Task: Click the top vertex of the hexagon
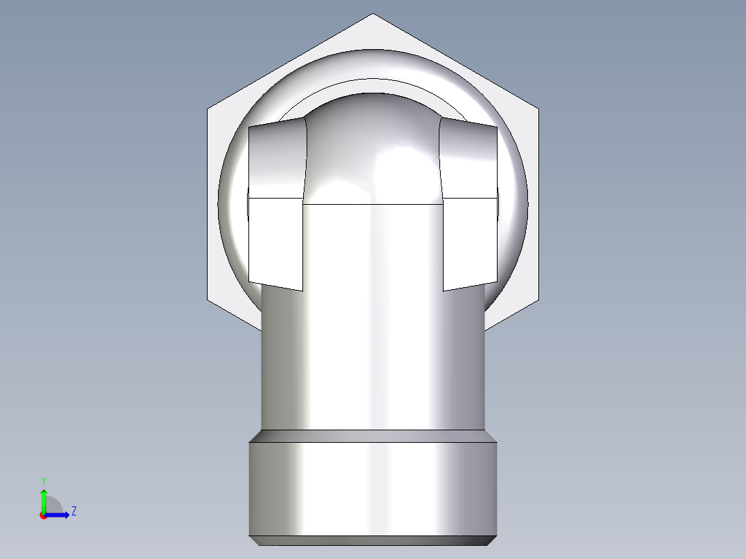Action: [x=372, y=14]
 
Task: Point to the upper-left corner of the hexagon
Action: [x=208, y=109]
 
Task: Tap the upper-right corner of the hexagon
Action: [x=538, y=109]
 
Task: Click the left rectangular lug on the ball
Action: [x=276, y=208]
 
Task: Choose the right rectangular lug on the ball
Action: [x=469, y=208]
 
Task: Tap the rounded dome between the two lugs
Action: [x=372, y=149]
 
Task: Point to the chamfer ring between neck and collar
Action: [x=372, y=436]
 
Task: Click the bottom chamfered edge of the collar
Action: [x=372, y=541]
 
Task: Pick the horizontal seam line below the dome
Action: [x=372, y=205]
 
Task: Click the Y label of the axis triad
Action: [x=44, y=480]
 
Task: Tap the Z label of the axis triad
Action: [x=73, y=511]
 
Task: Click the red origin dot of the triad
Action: [x=43, y=515]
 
